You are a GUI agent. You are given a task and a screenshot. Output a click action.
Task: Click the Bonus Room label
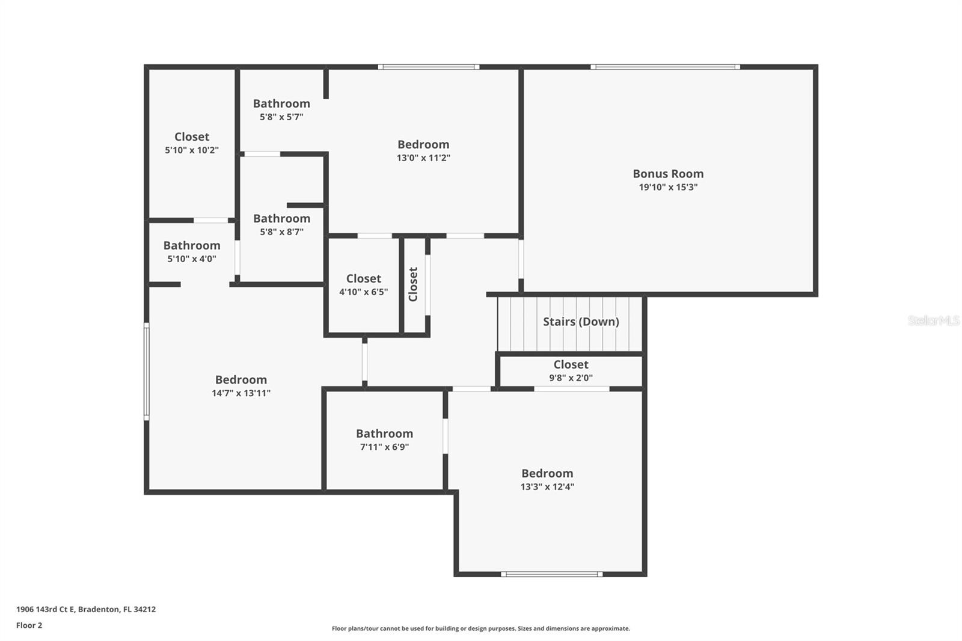pyautogui.click(x=668, y=174)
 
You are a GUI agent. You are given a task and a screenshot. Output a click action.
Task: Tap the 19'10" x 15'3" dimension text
pyautogui.click(x=668, y=187)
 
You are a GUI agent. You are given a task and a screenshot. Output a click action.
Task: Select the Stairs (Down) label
pyautogui.click(x=581, y=322)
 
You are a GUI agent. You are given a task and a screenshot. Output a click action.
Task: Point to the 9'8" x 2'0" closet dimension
pyautogui.click(x=571, y=378)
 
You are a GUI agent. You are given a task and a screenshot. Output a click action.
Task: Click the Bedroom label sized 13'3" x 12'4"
pyautogui.click(x=547, y=473)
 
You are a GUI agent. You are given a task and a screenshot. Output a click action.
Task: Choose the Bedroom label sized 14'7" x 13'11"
pyautogui.click(x=241, y=379)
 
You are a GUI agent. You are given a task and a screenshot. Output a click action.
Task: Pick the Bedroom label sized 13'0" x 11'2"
pyautogui.click(x=423, y=144)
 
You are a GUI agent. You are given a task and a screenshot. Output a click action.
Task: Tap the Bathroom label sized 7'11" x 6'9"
pyautogui.click(x=384, y=434)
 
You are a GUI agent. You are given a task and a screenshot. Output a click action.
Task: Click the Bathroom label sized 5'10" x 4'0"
pyautogui.click(x=192, y=245)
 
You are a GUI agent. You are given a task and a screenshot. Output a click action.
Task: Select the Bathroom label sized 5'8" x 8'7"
pyautogui.click(x=281, y=218)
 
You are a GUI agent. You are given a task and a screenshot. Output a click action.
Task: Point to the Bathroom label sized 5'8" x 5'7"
pyautogui.click(x=281, y=103)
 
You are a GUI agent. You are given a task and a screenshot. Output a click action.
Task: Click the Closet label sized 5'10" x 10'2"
pyautogui.click(x=192, y=136)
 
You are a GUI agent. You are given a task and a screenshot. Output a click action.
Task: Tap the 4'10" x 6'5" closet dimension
pyautogui.click(x=363, y=292)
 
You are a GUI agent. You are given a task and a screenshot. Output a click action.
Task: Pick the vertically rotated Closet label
pyautogui.click(x=413, y=284)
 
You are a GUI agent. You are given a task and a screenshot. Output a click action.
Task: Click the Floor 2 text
pyautogui.click(x=29, y=625)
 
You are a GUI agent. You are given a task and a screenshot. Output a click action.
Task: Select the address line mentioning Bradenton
pyautogui.click(x=86, y=609)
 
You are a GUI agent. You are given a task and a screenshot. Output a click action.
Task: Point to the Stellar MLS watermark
pyautogui.click(x=933, y=320)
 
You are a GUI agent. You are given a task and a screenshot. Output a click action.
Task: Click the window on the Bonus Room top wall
pyautogui.click(x=665, y=67)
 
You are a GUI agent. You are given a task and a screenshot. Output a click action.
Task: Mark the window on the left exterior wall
pyautogui.click(x=146, y=371)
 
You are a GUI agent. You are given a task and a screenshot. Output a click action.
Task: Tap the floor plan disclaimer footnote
pyautogui.click(x=481, y=628)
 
